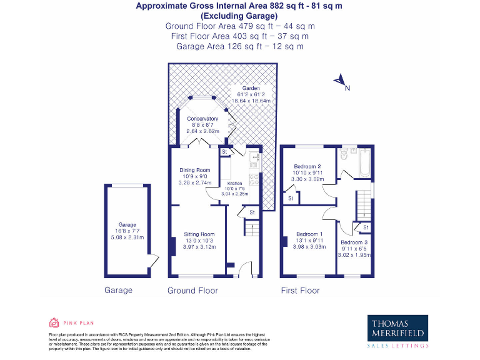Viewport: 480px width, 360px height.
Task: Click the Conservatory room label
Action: (x=202, y=119)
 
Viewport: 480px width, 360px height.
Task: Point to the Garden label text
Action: (x=242, y=88)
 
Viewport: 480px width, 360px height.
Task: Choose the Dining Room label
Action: (x=195, y=170)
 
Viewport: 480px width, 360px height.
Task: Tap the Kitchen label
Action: (x=235, y=184)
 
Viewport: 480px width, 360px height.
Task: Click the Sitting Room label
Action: (x=199, y=234)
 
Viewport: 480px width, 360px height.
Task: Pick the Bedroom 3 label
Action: (x=354, y=242)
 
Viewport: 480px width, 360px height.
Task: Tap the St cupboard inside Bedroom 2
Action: (x=290, y=199)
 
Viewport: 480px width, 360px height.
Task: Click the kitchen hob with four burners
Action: (x=254, y=179)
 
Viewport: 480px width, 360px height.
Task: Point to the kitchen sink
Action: (x=254, y=160)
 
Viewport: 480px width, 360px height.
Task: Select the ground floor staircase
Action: (x=251, y=230)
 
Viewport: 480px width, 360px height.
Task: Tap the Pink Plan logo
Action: (x=63, y=323)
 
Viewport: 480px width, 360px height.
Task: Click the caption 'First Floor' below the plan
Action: (x=300, y=291)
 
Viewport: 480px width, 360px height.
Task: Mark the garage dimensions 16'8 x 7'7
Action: (x=127, y=231)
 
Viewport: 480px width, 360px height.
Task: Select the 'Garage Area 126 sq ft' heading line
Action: (x=239, y=46)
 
